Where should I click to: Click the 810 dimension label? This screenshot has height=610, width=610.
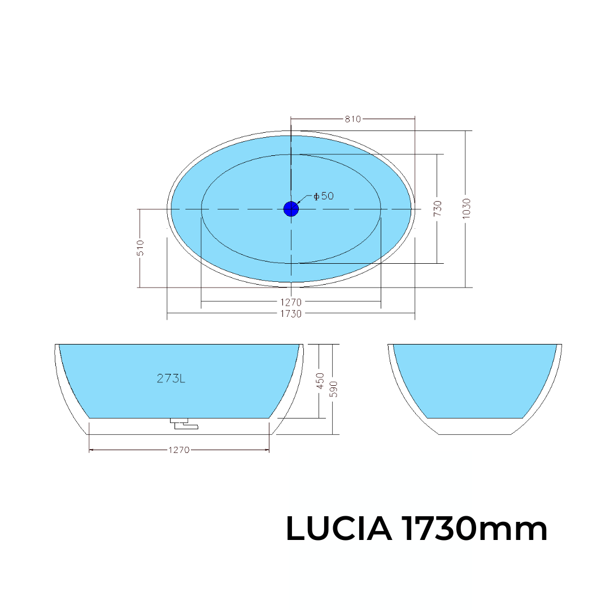click(x=352, y=119)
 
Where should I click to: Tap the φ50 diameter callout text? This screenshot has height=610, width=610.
click(x=324, y=196)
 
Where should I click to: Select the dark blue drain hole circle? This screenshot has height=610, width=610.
click(x=291, y=209)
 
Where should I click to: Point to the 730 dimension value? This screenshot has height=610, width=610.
click(x=438, y=208)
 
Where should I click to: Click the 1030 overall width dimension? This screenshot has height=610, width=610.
click(x=466, y=208)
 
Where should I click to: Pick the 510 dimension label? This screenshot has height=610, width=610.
click(x=140, y=248)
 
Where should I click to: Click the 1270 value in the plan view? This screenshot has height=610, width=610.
click(x=291, y=302)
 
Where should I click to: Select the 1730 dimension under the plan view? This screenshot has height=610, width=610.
click(x=291, y=313)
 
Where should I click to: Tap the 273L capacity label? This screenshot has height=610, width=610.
click(x=171, y=379)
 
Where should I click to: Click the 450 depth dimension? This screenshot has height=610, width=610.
click(x=320, y=381)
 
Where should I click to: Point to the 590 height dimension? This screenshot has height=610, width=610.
click(x=333, y=389)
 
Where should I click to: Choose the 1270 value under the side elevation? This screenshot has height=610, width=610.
click(x=178, y=450)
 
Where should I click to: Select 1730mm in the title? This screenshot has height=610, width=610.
click(x=474, y=529)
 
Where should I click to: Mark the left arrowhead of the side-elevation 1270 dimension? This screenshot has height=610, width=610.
click(x=92, y=450)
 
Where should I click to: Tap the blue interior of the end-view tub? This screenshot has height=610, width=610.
click(x=474, y=378)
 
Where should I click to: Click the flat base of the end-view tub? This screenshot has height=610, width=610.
click(x=474, y=433)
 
